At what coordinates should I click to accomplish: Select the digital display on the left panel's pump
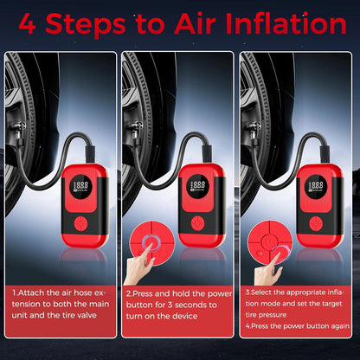tap(81, 185)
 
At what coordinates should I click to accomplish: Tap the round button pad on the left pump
tap(81, 222)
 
